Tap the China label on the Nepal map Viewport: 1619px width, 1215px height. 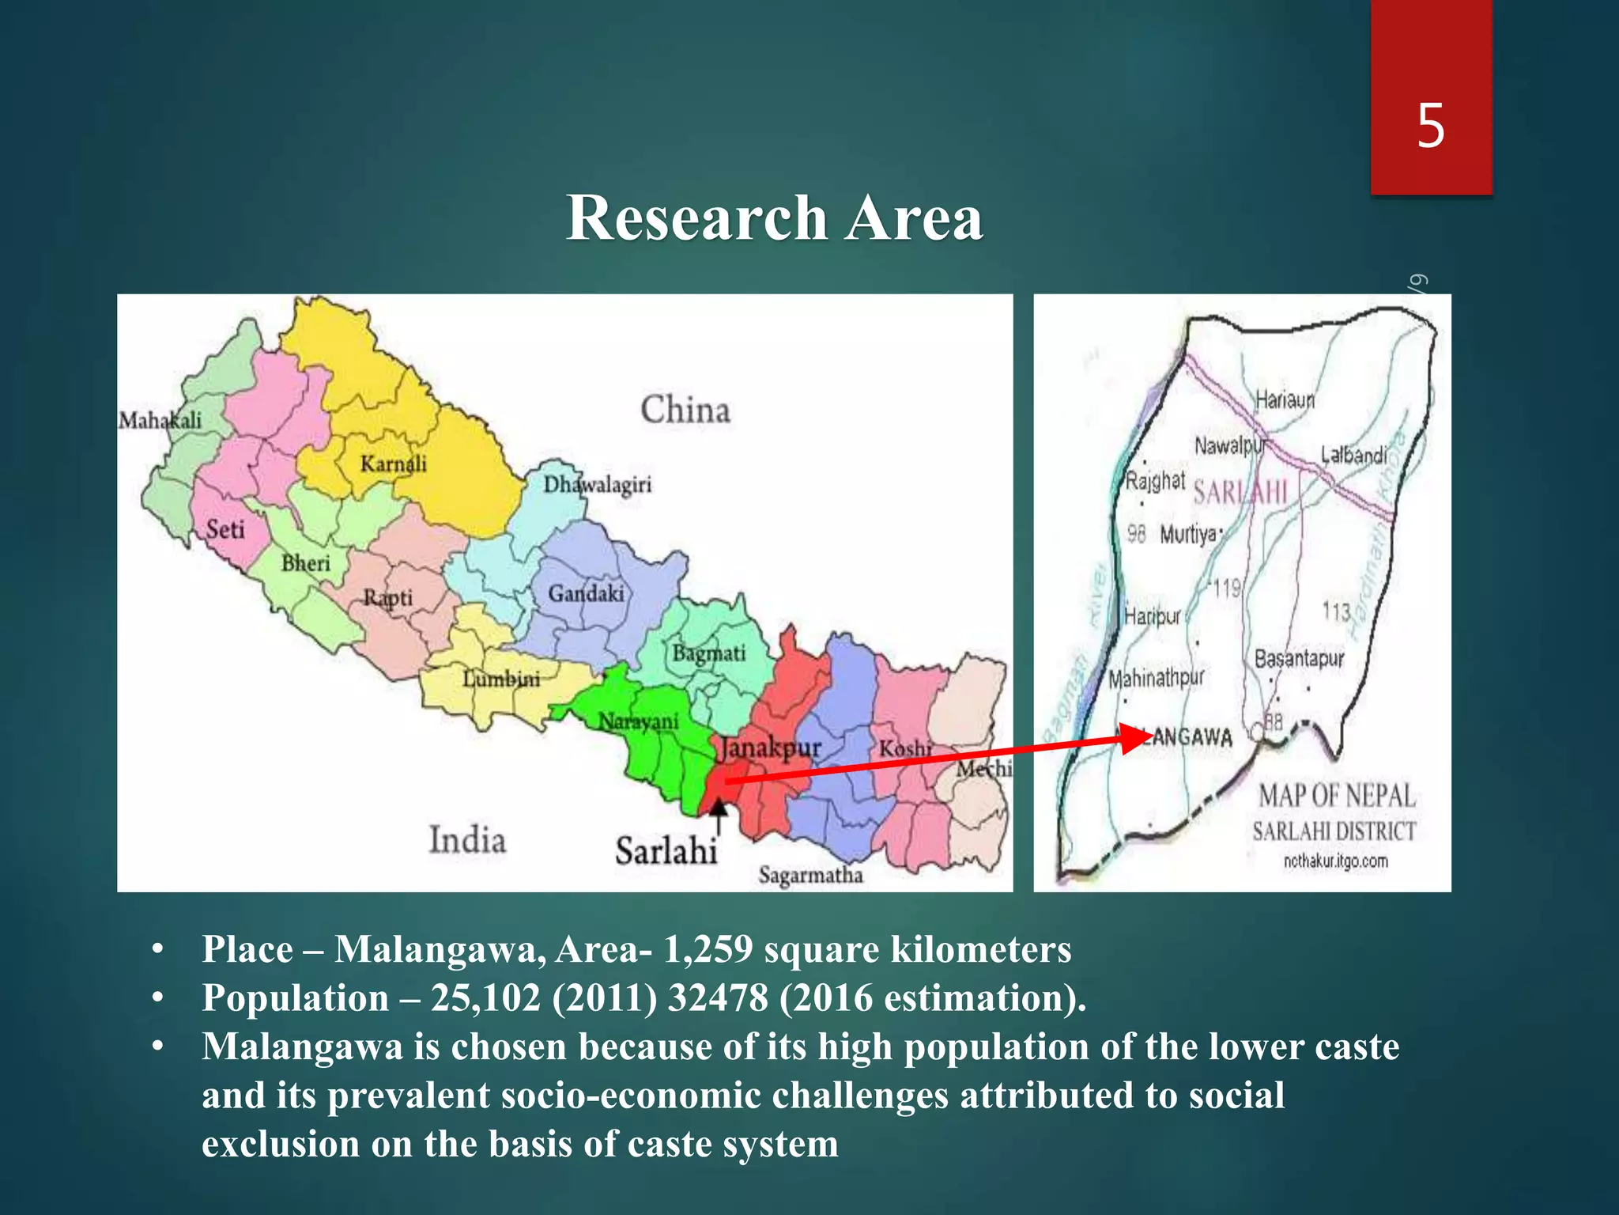tap(685, 410)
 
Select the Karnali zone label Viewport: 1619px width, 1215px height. tap(393, 464)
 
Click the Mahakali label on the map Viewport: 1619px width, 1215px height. tap(160, 420)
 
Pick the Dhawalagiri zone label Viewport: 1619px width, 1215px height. tap(597, 484)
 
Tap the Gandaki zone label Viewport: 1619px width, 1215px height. tap(586, 593)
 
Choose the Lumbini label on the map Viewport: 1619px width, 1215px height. tap(501, 679)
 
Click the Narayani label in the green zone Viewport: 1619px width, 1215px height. tap(638, 721)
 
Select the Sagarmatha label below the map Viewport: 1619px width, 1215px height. tap(810, 875)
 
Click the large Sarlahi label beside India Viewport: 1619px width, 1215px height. tap(666, 851)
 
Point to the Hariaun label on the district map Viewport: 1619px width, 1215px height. tap(1285, 400)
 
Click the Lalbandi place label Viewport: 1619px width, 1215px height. tap(1353, 455)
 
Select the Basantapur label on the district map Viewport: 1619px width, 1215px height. tap(1299, 658)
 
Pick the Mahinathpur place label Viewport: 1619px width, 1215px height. tap(1156, 678)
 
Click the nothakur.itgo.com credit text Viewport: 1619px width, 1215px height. tap(1335, 861)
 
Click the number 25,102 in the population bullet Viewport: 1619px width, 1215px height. tap(485, 998)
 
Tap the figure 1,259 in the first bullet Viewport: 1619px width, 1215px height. tap(708, 949)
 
